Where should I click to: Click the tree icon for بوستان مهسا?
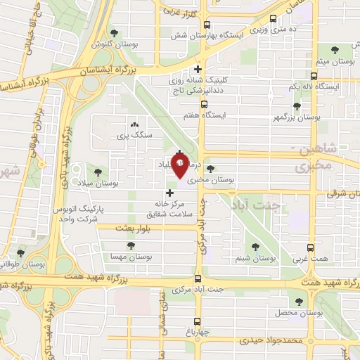(x=130, y=245)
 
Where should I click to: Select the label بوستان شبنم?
(x=256, y=259)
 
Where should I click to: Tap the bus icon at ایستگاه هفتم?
(x=204, y=104)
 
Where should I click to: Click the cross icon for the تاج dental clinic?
(x=198, y=70)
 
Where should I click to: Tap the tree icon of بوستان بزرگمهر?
(x=297, y=106)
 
